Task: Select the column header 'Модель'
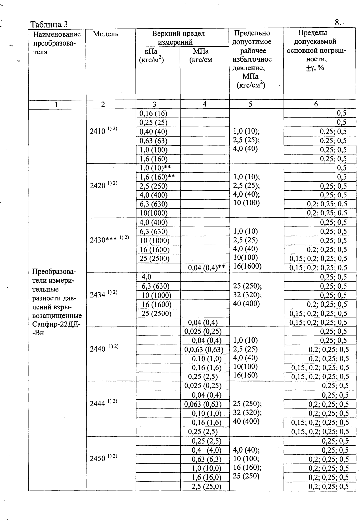point(105,34)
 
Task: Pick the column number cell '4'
point(205,104)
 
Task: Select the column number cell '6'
point(316,104)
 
